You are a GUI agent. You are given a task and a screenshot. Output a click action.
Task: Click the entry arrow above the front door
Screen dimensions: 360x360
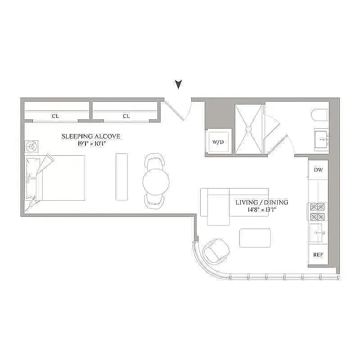tap(179, 84)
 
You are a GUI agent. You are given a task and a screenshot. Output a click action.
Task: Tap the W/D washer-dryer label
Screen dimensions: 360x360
tap(218, 142)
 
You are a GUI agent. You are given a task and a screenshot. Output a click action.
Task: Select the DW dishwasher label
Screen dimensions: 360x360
tap(318, 170)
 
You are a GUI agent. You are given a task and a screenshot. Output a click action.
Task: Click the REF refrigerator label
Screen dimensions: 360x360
tap(318, 254)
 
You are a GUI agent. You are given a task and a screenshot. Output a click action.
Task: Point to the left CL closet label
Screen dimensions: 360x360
tap(55, 116)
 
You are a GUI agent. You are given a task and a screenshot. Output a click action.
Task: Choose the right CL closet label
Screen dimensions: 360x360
tap(126, 116)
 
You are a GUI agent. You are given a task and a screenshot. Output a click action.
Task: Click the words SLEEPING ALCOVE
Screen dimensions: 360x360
tap(91, 136)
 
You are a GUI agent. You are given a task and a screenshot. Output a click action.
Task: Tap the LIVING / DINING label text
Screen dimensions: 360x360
tap(262, 202)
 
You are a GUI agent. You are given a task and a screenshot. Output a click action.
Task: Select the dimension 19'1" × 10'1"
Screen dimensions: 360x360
tap(91, 144)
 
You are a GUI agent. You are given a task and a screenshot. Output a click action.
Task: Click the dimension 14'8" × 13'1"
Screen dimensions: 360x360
tap(262, 210)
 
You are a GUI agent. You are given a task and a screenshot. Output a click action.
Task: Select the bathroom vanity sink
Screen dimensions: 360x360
tap(322, 137)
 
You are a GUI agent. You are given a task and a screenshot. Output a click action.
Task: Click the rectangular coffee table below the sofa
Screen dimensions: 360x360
tap(255, 238)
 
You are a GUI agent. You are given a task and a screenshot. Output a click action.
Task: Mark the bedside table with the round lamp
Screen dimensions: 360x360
tap(31, 147)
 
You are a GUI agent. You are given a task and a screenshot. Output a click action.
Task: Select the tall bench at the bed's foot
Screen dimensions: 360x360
tap(122, 176)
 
